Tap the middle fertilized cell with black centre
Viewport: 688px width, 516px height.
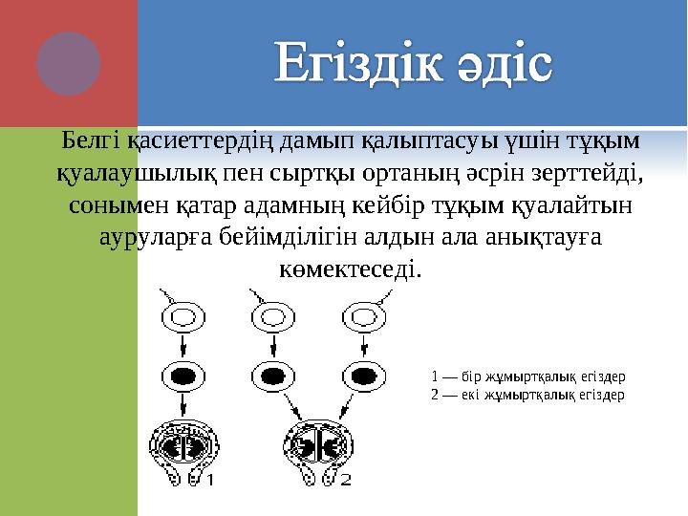271,375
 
